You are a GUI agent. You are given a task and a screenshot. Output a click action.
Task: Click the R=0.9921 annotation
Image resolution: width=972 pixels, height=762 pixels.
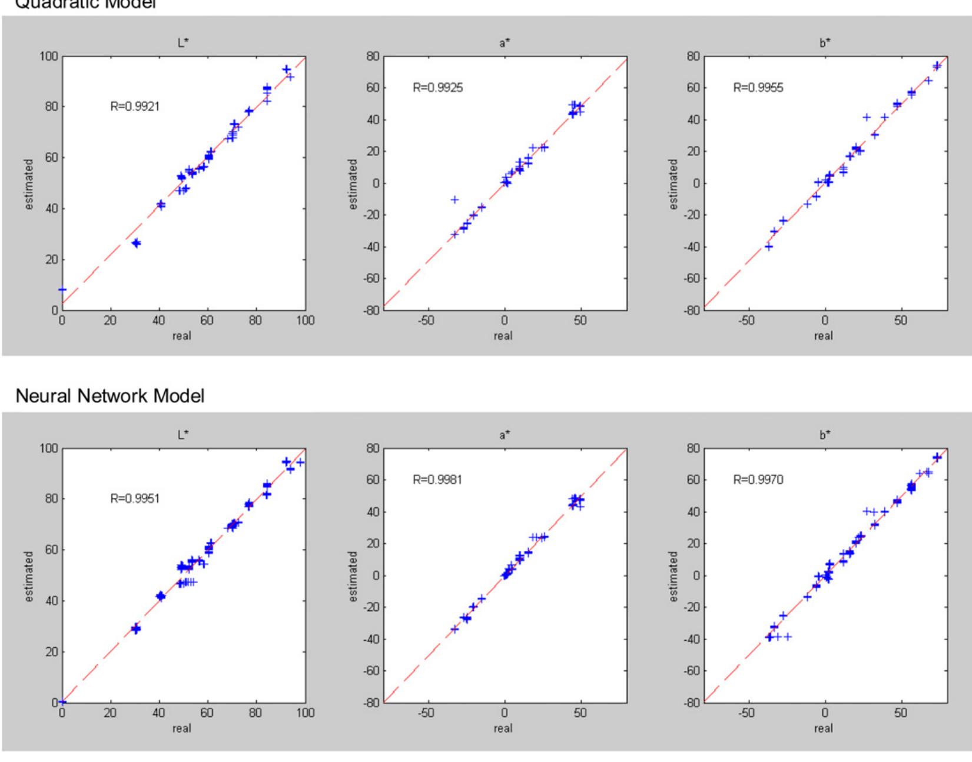[135, 107]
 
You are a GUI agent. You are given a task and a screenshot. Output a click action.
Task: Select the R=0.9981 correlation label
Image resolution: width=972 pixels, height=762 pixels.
[437, 480]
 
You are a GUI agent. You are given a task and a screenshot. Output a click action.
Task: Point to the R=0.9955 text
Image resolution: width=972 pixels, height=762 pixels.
[758, 88]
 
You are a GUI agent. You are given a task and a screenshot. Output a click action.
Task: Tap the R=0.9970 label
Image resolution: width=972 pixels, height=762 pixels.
[758, 480]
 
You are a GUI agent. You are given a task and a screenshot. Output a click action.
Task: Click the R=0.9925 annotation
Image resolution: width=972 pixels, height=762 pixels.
[437, 88]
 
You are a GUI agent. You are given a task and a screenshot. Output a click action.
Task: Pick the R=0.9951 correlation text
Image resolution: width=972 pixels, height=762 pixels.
[135, 498]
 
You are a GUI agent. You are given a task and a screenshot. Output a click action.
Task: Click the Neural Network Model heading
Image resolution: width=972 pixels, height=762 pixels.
[110, 396]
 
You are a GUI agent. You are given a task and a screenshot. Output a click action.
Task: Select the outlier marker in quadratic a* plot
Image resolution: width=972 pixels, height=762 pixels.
[455, 199]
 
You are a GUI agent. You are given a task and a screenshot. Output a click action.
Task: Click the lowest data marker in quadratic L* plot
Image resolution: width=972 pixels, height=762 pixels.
[62, 290]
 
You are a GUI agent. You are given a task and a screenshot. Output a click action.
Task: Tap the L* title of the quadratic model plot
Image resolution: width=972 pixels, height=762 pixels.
[184, 43]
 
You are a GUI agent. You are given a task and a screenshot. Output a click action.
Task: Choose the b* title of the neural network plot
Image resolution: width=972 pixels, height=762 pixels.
[825, 435]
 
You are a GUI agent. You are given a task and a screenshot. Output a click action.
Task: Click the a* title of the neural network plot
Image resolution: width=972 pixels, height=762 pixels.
[505, 435]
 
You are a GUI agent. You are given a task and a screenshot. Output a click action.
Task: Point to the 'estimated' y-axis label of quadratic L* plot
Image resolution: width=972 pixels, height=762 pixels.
[29, 183]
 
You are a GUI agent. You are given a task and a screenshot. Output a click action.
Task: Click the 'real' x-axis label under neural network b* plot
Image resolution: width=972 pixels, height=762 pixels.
[823, 728]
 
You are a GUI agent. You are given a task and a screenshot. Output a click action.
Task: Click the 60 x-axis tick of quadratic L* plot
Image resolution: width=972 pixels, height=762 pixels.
[207, 321]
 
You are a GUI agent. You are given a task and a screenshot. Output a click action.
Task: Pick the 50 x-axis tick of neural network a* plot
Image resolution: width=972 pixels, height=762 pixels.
[580, 713]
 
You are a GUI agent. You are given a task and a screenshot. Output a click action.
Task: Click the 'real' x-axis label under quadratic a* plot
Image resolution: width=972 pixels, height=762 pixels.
[503, 335]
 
